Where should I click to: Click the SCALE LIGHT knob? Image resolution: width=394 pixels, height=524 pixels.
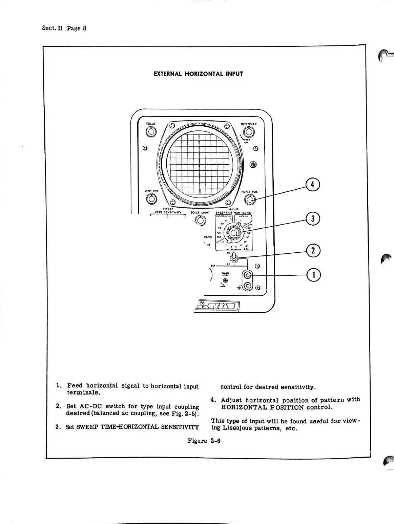coord(201,221)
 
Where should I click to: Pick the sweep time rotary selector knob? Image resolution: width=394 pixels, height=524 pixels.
coord(234,233)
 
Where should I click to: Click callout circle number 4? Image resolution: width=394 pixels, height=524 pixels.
coord(313,185)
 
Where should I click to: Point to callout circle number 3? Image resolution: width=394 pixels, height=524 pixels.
coord(313,219)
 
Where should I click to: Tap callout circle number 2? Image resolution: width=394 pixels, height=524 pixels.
coord(313,250)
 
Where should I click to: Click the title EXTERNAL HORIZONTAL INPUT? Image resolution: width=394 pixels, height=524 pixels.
coord(198,74)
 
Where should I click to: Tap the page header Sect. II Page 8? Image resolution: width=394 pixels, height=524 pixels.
coord(64,28)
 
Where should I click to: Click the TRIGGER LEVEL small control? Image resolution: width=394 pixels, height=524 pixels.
coord(225,280)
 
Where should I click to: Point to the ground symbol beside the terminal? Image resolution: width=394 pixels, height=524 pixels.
coord(240,288)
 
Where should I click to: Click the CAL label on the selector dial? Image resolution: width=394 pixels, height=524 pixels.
coord(246,249)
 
